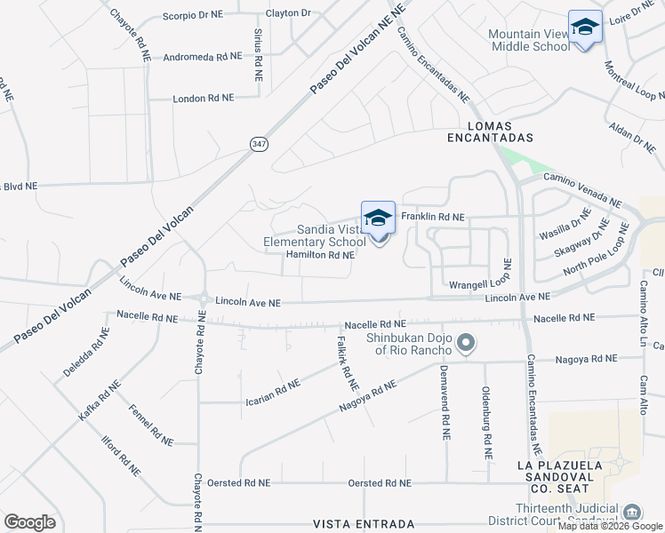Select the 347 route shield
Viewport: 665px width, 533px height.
[259, 144]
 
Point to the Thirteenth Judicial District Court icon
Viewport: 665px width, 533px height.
[632, 513]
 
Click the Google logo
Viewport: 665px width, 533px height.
[29, 522]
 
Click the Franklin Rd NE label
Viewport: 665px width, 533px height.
[433, 217]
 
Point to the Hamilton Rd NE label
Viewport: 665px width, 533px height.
[320, 255]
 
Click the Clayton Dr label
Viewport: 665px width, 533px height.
[289, 14]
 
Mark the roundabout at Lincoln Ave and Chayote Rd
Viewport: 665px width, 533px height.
[204, 300]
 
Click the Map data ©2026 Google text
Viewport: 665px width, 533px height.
[610, 526]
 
